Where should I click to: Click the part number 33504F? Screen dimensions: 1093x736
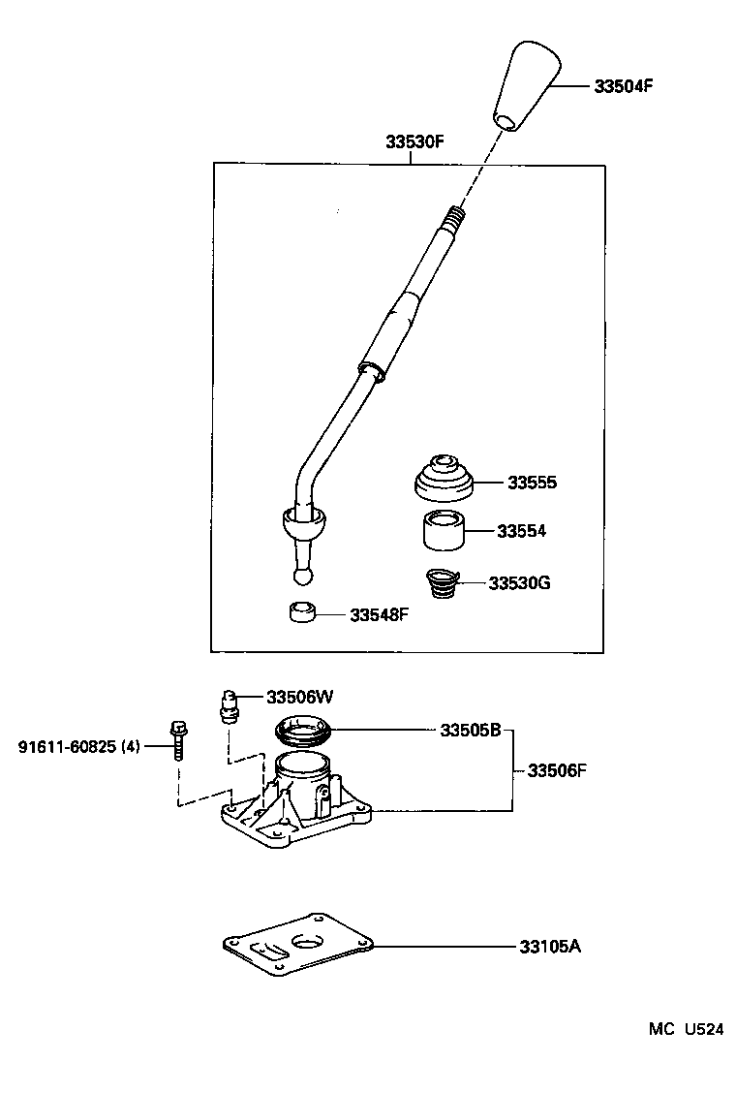click(x=624, y=85)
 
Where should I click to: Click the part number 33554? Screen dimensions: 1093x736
click(x=521, y=531)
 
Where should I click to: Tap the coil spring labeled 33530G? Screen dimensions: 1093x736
click(x=442, y=583)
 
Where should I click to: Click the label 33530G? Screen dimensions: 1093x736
click(x=519, y=583)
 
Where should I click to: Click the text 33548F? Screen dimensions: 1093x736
click(x=380, y=614)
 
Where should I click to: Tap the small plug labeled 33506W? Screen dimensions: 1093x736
click(x=229, y=704)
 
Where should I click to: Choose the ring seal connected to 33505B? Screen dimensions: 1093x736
click(x=305, y=730)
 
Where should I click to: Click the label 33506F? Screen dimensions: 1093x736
click(x=557, y=770)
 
